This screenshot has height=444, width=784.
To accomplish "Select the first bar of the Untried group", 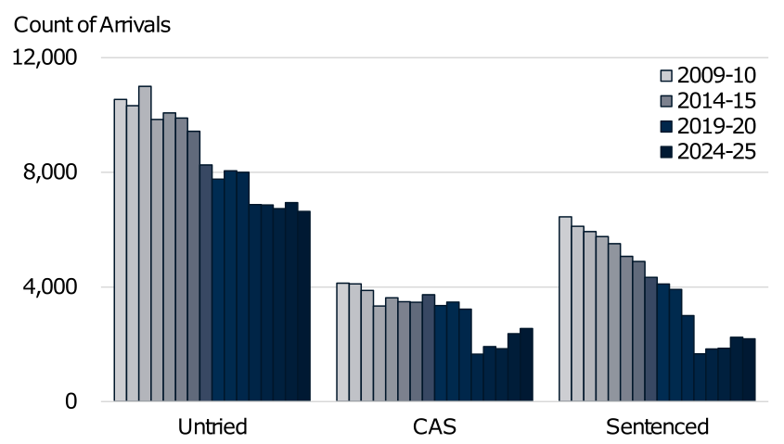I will [x=121, y=250].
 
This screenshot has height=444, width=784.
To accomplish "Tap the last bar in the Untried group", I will [x=303, y=306].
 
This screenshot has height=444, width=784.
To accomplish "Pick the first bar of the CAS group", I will [x=342, y=342].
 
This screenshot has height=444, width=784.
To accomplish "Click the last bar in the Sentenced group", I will [x=749, y=370].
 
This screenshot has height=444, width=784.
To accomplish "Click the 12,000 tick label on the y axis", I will [x=46, y=57].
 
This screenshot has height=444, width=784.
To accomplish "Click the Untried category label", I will [x=212, y=427].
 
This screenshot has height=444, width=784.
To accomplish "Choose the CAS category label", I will [x=434, y=427].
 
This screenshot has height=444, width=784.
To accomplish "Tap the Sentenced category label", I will [x=657, y=427].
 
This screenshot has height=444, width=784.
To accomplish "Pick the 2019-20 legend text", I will [x=716, y=126].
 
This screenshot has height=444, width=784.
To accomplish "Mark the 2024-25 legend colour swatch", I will [x=665, y=151].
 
